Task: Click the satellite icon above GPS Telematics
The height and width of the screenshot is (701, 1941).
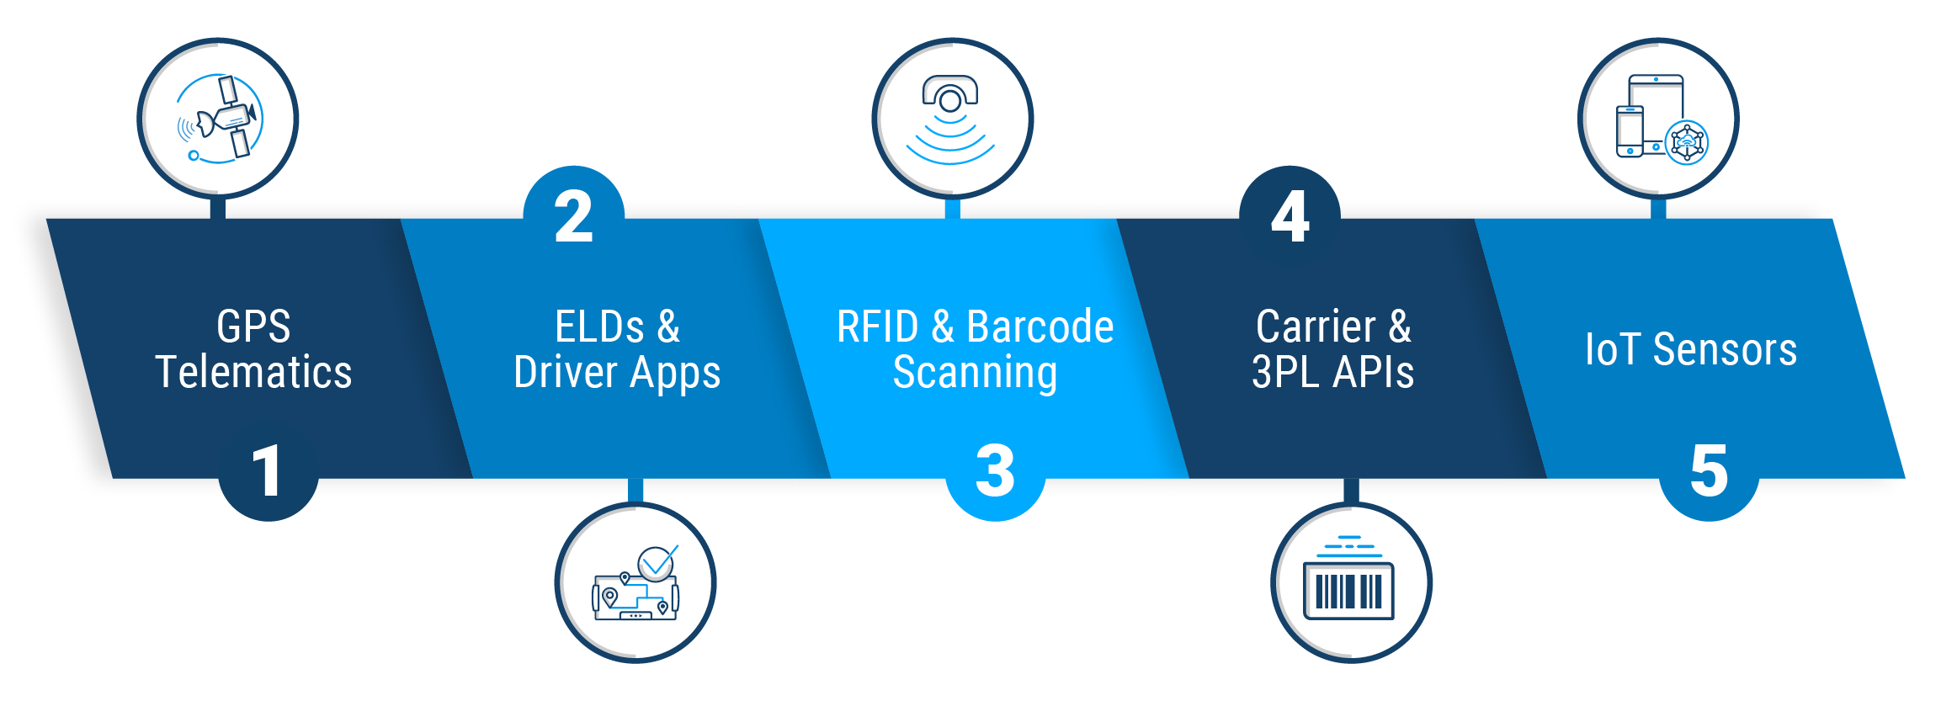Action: [218, 119]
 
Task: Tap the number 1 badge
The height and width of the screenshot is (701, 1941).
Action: [268, 471]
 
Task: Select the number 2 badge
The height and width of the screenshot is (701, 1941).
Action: [573, 217]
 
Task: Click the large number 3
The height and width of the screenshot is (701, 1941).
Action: [995, 471]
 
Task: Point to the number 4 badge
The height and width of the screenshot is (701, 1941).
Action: [1290, 217]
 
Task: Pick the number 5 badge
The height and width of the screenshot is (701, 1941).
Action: [1709, 471]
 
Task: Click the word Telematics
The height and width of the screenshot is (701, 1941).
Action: [253, 372]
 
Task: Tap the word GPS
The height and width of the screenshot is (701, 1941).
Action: [253, 327]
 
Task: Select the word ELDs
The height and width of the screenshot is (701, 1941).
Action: [599, 327]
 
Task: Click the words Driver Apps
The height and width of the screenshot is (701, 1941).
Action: [617, 373]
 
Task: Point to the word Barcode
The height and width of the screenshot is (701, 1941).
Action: [1040, 327]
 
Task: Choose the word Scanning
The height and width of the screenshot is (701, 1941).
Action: [975, 373]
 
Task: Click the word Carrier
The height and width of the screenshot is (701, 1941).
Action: [1316, 327]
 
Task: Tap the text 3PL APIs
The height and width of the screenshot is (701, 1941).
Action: [1332, 372]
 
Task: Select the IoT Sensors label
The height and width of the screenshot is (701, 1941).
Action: [1691, 349]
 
